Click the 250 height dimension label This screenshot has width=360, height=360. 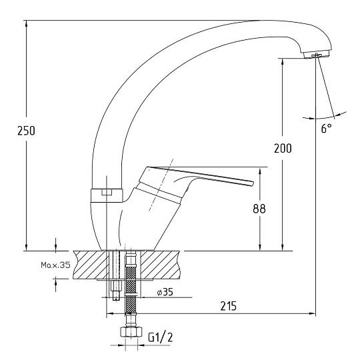click(26, 131)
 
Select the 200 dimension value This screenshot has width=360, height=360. click(283, 148)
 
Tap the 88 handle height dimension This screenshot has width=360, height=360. click(259, 209)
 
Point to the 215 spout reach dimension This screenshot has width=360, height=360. click(228, 306)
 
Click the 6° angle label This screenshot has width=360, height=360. click(326, 128)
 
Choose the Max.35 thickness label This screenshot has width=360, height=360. click(55, 265)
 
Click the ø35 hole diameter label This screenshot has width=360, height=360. click(165, 292)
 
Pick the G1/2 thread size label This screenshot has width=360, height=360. click(160, 337)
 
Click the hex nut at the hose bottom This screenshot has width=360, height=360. click(131, 332)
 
